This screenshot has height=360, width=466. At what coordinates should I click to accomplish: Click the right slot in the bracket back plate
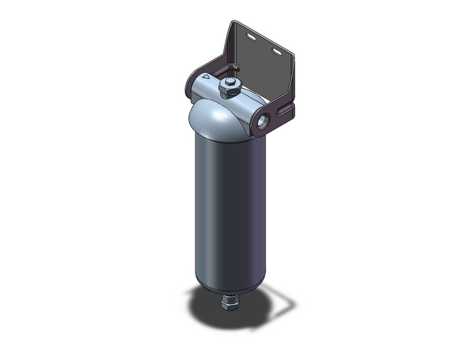278,52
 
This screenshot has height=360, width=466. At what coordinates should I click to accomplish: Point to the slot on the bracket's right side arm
286,111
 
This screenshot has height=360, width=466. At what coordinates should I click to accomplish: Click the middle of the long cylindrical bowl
228,209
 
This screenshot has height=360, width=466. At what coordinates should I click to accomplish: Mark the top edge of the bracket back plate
264,34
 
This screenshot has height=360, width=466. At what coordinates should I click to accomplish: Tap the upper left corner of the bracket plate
234,24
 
